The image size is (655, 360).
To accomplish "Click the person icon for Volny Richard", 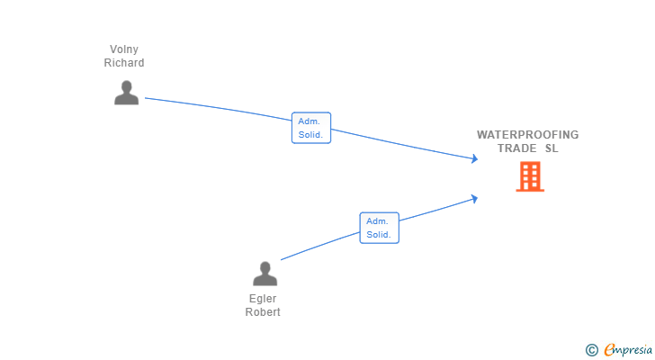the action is (127, 93).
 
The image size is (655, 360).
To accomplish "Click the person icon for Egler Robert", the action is (265, 274).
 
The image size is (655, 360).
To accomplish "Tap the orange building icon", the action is (530, 176).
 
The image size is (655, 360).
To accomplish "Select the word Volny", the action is (124, 49).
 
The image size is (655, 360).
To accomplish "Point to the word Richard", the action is (124, 63).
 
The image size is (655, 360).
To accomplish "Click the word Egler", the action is (263, 299).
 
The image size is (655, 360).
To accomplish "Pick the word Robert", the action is (263, 312).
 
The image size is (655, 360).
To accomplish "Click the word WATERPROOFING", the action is (528, 134).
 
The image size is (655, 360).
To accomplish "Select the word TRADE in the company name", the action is (516, 148).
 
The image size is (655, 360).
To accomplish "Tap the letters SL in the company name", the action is (552, 148).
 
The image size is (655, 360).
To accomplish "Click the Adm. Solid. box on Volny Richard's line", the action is (311, 128).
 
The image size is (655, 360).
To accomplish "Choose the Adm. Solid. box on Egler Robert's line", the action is (380, 228).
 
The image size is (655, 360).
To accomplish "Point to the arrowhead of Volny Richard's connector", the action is (475, 158).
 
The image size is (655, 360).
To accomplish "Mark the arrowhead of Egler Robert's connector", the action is (474, 199).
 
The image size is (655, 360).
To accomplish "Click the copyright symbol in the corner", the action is (591, 350).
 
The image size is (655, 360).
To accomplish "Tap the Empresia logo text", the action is (628, 349).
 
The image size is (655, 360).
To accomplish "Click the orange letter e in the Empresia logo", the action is (609, 349).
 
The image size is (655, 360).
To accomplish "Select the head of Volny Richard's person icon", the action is (127, 86).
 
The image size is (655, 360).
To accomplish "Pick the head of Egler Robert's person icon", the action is (265, 267).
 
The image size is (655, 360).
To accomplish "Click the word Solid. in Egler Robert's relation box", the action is (379, 235).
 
